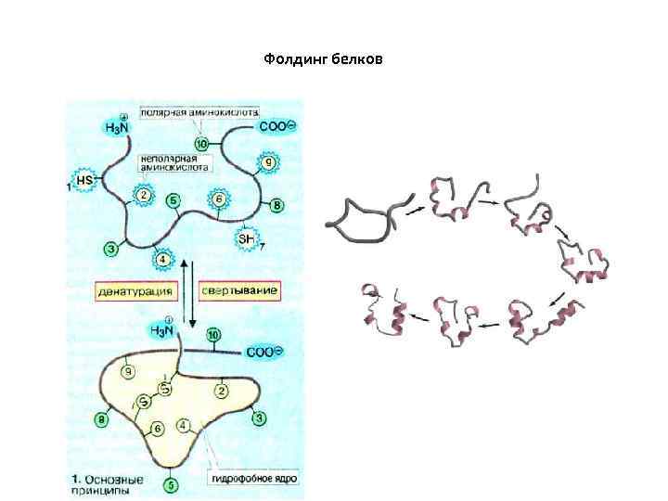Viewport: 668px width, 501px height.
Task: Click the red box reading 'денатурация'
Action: (136, 290)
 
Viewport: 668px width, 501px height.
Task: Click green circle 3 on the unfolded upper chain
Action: (111, 248)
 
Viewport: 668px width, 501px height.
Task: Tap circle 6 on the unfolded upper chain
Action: (218, 199)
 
